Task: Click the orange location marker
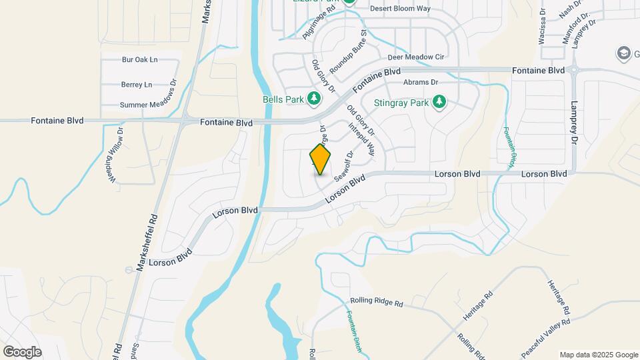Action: [x=321, y=159]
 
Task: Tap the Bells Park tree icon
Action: [x=314, y=99]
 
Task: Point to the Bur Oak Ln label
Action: [x=139, y=59]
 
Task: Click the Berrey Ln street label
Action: [x=137, y=85]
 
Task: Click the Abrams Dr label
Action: [x=420, y=83]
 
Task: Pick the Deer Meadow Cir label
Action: [x=415, y=57]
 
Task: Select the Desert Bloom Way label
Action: [x=401, y=9]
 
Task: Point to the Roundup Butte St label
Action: [x=349, y=51]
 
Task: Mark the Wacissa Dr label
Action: [x=542, y=27]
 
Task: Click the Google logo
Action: [x=22, y=351]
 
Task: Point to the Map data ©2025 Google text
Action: [x=598, y=355]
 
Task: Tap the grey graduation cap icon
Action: [x=623, y=53]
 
